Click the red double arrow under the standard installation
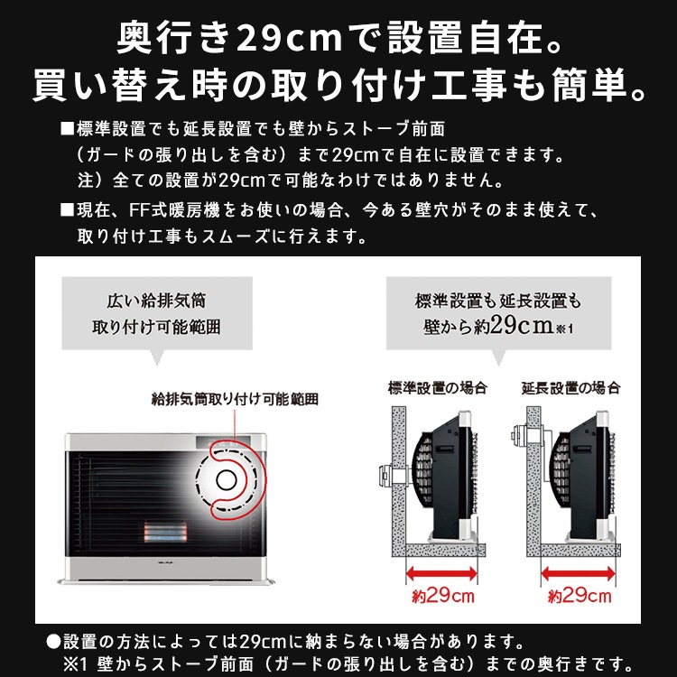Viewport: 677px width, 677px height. coord(443,571)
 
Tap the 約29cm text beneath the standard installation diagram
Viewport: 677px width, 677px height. coord(443,596)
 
